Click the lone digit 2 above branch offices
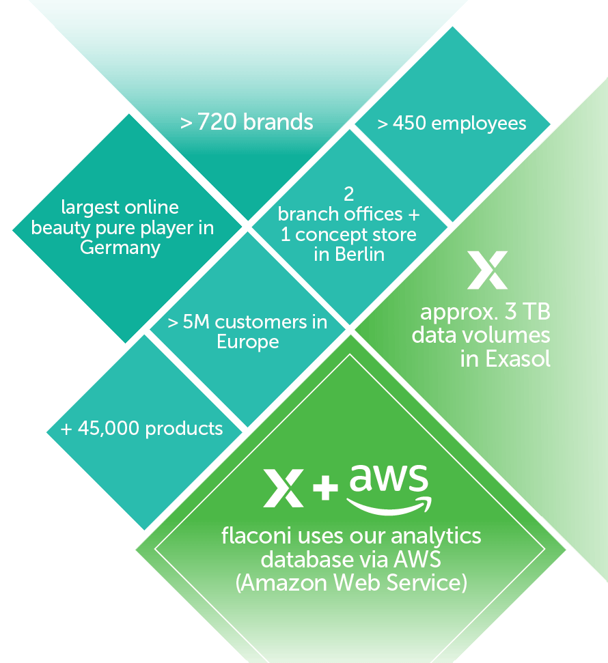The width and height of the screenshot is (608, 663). pyautogui.click(x=348, y=194)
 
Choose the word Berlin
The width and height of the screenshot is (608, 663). pyautogui.click(x=359, y=255)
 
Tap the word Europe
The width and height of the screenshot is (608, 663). pyautogui.click(x=247, y=341)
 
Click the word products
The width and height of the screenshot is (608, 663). pyautogui.click(x=184, y=429)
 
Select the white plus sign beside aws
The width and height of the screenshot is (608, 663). pyautogui.click(x=326, y=487)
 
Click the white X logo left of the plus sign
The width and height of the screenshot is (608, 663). pyautogui.click(x=284, y=487)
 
